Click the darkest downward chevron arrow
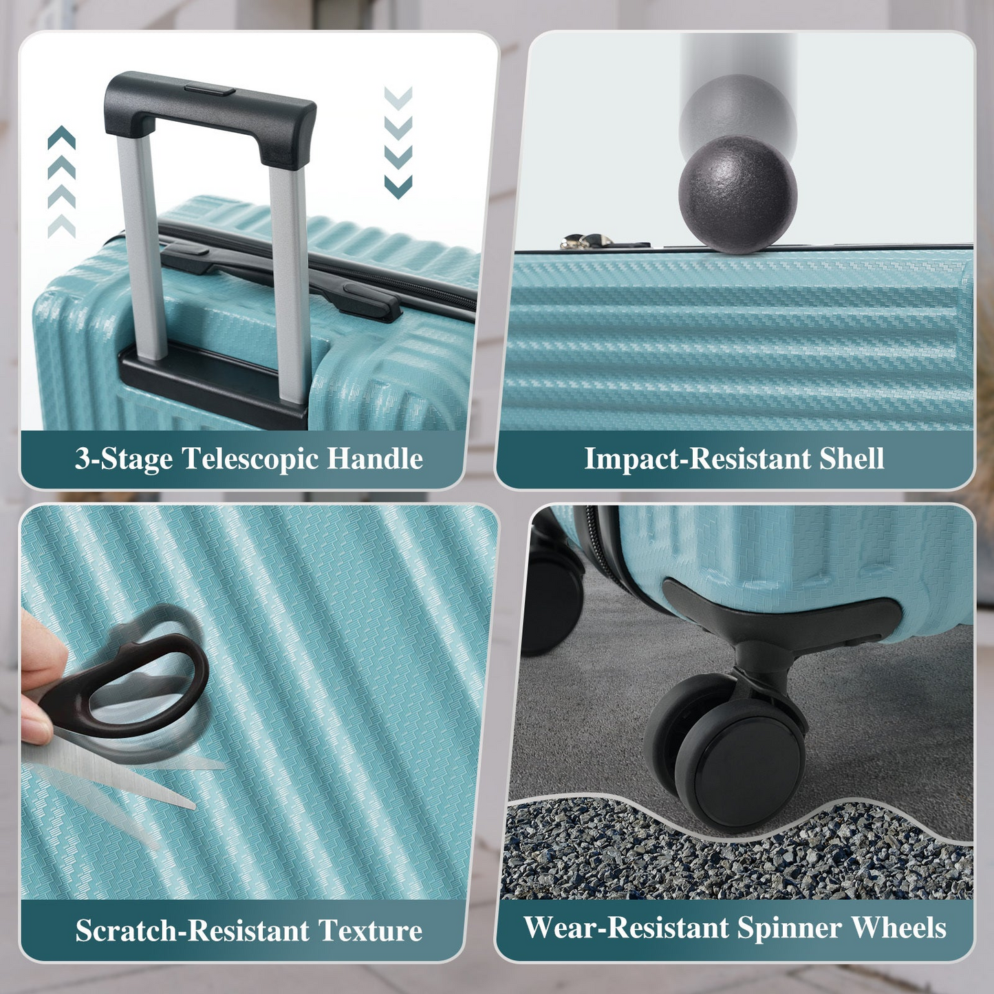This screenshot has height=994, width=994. pyautogui.click(x=398, y=186)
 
